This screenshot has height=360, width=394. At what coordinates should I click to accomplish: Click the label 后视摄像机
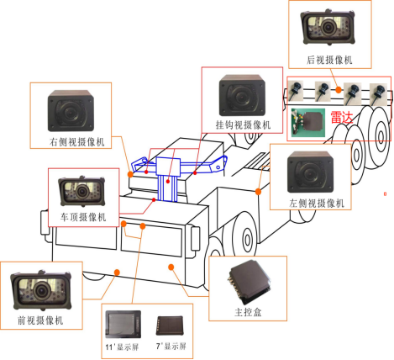330,60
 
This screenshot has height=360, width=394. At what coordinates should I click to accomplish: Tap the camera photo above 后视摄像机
329,29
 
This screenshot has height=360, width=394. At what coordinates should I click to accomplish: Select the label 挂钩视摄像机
243,124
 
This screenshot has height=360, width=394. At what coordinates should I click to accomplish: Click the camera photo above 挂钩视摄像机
243,94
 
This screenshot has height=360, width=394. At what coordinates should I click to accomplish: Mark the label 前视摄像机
41,320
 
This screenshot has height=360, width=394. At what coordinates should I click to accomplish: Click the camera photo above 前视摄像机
41,289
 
